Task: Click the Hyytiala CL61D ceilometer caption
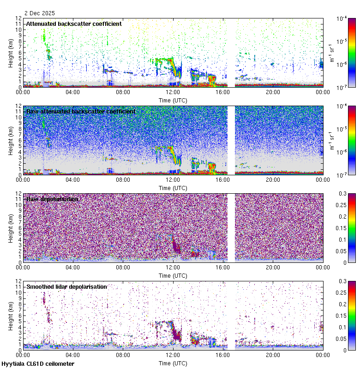[38, 364]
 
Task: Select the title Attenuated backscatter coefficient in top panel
[74, 24]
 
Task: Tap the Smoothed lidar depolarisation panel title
[66, 286]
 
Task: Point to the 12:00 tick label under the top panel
[173, 92]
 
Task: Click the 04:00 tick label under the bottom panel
[73, 355]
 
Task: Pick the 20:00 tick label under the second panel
[273, 179]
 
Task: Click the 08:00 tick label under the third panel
[123, 267]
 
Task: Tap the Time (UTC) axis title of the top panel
[173, 100]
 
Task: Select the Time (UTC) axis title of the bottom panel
[173, 363]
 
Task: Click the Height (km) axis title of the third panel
[11, 228]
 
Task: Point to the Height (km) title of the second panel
[11, 140]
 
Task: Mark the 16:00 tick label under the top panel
[222, 92]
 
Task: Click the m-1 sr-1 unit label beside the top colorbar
[331, 53]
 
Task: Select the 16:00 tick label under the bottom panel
[222, 355]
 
